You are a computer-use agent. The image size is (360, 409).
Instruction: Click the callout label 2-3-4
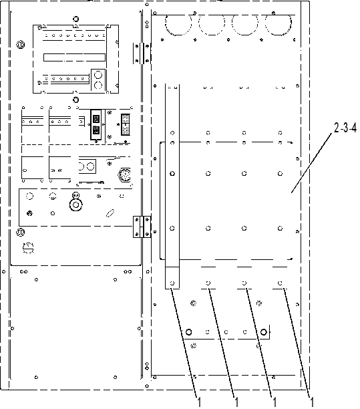tap(345, 128)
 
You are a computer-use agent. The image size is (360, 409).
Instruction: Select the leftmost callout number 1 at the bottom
tap(199, 402)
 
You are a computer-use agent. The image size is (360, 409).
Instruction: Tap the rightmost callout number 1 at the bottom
tap(311, 402)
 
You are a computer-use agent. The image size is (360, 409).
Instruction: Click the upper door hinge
tap(142, 53)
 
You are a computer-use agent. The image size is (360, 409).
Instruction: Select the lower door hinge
tap(142, 227)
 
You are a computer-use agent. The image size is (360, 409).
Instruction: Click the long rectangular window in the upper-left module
tap(74, 57)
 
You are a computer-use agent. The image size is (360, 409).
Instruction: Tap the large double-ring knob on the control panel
tap(76, 204)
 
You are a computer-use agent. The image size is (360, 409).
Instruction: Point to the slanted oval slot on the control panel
tap(110, 213)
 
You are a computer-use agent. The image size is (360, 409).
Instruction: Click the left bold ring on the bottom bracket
tap(188, 332)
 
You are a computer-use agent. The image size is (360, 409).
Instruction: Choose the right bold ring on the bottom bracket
tap(264, 332)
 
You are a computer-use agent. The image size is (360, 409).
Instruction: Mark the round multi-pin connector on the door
tap(125, 174)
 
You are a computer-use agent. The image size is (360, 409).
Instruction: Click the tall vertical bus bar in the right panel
tap(172, 186)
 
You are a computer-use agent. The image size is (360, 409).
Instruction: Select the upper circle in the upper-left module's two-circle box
tap(98, 75)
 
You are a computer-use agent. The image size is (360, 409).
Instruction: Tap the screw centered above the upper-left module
tap(76, 19)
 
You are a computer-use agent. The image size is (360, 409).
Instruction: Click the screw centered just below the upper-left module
tap(76, 100)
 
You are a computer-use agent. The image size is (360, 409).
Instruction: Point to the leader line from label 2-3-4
tap(312, 163)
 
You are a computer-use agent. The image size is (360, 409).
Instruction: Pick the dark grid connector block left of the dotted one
tap(96, 124)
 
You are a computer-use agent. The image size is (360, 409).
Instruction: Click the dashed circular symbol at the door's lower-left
tap(28, 248)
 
